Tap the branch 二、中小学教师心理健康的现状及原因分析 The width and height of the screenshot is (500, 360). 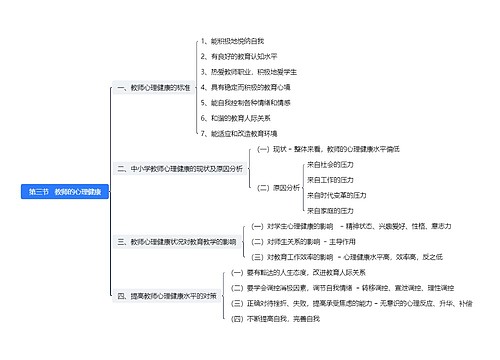pos(179,169)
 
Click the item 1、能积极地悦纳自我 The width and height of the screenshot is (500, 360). pos(232,41)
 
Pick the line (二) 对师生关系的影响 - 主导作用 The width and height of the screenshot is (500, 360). pos(299,241)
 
